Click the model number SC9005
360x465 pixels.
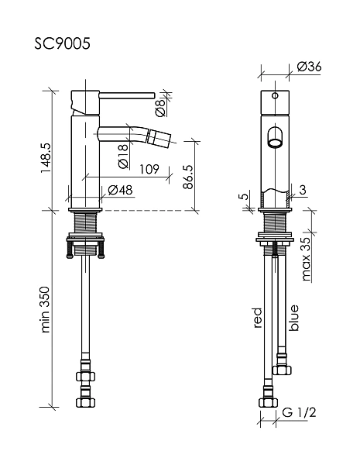[x=62, y=44]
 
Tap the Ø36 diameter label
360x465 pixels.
[x=309, y=67]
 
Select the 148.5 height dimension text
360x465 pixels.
[x=46, y=158]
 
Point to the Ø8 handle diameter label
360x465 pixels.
[x=160, y=108]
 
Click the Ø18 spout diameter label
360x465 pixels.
[x=123, y=156]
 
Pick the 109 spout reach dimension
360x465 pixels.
[x=149, y=169]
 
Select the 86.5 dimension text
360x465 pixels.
[x=188, y=177]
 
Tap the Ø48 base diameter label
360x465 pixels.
[x=120, y=190]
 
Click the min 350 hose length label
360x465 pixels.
[x=45, y=309]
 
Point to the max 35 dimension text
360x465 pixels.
[x=306, y=259]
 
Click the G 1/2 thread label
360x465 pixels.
[x=299, y=412]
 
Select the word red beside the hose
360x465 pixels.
[x=258, y=318]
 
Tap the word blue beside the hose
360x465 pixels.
[x=294, y=318]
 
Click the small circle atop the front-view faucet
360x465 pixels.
[x=276, y=95]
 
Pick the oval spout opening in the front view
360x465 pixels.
[x=276, y=137]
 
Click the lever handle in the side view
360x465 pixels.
[x=127, y=95]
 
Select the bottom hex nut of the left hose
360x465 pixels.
[x=86, y=402]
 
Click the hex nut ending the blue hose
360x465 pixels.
[x=282, y=370]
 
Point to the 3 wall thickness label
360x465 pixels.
[x=303, y=190]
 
